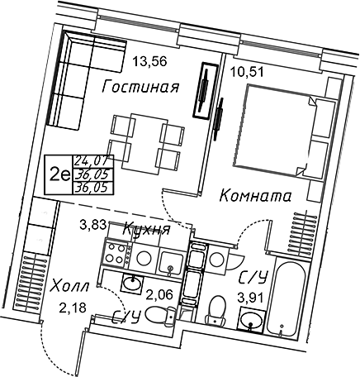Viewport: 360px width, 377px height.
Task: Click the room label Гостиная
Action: [140, 87]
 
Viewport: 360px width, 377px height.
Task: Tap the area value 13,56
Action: [149, 61]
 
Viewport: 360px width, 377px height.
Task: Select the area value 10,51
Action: [247, 72]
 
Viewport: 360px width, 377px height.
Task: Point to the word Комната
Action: [255, 196]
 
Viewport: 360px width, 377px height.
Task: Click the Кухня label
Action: [147, 229]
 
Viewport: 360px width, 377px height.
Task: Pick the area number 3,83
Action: [92, 226]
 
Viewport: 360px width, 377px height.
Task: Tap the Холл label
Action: [70, 287]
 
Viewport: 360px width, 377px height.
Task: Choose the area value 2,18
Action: [73, 308]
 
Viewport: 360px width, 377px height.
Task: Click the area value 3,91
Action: [251, 298]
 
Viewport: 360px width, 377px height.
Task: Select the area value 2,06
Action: [159, 295]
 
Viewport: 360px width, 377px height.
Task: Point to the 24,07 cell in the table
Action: [93, 160]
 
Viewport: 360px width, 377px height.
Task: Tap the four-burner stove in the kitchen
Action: [115, 254]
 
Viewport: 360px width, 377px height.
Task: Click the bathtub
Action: [287, 298]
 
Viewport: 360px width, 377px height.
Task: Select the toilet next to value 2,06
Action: [161, 316]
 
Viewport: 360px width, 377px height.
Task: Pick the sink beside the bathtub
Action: [251, 321]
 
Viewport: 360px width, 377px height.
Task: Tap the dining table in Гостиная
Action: [145, 144]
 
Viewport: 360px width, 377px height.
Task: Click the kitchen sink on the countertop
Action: [171, 262]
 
